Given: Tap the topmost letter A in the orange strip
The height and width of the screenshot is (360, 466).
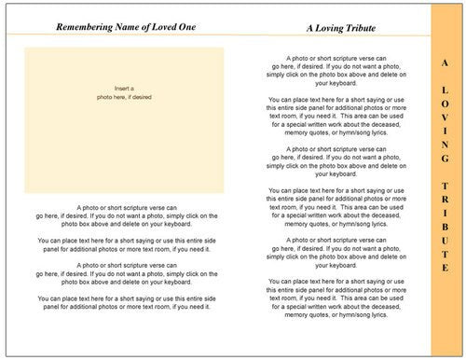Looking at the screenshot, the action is pyautogui.click(x=444, y=62).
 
